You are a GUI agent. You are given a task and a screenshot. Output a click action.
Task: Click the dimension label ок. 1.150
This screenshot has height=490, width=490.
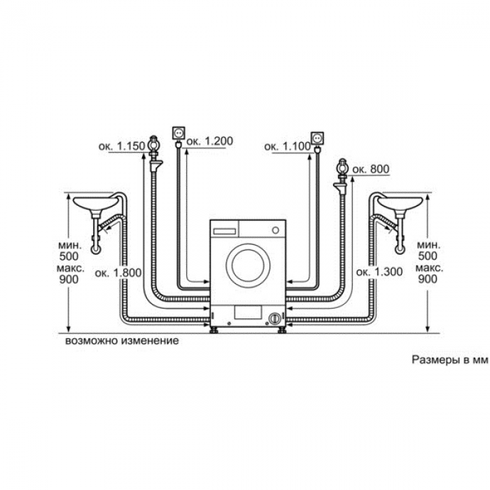(122, 146)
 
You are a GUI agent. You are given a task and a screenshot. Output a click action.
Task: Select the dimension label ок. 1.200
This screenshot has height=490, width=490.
(210, 141)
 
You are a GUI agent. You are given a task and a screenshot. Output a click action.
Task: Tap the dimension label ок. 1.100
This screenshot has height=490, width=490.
(288, 146)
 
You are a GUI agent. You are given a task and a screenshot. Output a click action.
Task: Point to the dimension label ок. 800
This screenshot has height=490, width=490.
(371, 169)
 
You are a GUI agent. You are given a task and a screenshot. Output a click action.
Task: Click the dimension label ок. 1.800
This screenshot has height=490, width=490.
(118, 273)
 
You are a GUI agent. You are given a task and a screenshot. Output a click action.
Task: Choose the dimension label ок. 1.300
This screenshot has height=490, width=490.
(379, 272)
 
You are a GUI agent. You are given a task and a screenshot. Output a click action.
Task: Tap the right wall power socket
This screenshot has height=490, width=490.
(317, 138)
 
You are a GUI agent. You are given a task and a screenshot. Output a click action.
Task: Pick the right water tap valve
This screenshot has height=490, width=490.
(343, 168)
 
